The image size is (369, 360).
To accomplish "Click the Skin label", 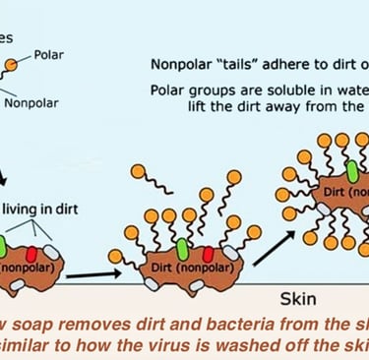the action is [x=295, y=294].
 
